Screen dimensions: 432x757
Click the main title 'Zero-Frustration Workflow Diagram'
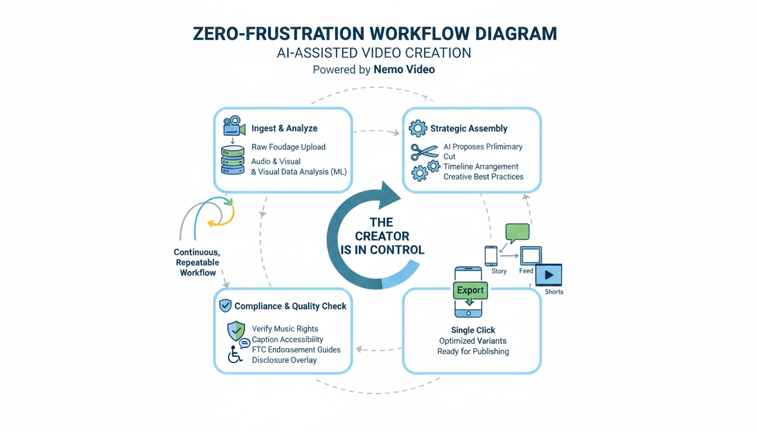(x=375, y=34)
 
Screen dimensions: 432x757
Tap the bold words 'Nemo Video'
(x=404, y=70)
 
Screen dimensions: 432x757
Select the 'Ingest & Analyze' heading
(x=284, y=128)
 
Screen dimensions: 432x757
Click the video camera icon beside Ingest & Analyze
(x=234, y=126)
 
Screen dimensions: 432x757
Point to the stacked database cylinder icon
(x=232, y=160)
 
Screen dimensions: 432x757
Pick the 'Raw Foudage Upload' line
(x=288, y=147)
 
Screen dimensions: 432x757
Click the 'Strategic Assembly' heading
(x=468, y=128)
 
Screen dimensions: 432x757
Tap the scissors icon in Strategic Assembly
(x=425, y=152)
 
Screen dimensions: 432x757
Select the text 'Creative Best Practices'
(x=483, y=177)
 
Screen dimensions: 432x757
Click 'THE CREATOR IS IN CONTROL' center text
(x=381, y=236)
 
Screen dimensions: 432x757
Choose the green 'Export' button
(x=470, y=290)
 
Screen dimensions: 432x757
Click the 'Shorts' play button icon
(x=548, y=275)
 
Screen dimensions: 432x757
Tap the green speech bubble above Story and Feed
(x=517, y=232)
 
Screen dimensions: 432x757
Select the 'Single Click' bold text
(x=473, y=330)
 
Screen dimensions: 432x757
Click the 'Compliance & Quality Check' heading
(x=290, y=306)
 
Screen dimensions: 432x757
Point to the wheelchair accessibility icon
(x=235, y=355)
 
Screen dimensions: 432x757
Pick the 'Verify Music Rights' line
(x=284, y=329)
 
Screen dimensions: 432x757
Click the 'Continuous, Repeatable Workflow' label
(x=197, y=262)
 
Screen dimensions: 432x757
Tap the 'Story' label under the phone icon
(x=499, y=271)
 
